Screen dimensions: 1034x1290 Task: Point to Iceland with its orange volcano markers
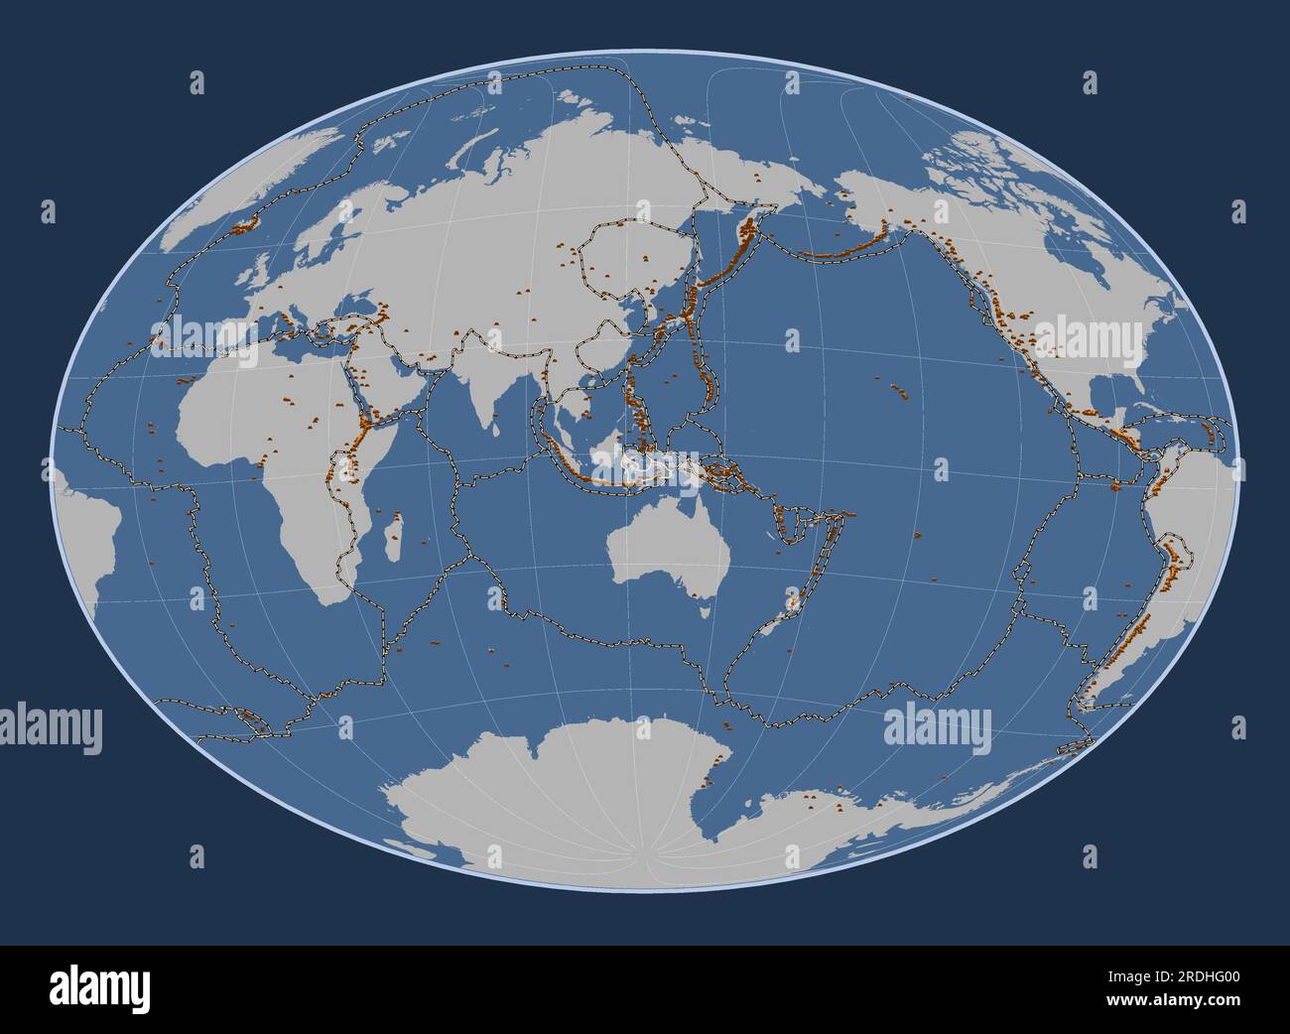pos(242,225)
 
